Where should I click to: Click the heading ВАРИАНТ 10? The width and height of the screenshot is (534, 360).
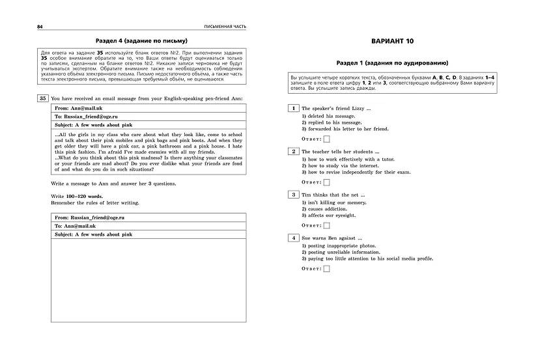click(x=392, y=41)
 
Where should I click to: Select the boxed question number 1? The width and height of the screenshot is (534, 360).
click(x=294, y=108)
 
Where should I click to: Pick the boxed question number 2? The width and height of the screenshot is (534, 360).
click(x=294, y=151)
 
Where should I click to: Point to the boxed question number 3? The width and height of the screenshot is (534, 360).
click(x=294, y=195)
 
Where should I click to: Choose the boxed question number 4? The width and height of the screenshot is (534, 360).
click(x=294, y=238)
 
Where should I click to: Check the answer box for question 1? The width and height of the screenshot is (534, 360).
click(x=327, y=139)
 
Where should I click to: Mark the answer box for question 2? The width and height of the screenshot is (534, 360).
click(x=327, y=182)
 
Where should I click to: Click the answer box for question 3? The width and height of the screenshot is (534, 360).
click(x=327, y=225)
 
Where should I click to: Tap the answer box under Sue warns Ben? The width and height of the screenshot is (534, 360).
click(x=327, y=268)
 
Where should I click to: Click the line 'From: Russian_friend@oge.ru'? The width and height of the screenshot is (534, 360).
click(x=89, y=217)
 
